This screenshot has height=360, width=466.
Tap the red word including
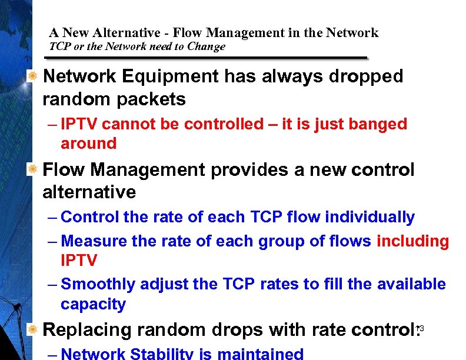412,241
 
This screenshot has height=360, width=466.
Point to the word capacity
93,304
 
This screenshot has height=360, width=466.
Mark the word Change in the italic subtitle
206,47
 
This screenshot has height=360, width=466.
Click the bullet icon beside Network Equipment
34,76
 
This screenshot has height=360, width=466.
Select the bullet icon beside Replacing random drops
34,329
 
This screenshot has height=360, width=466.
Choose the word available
411,284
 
